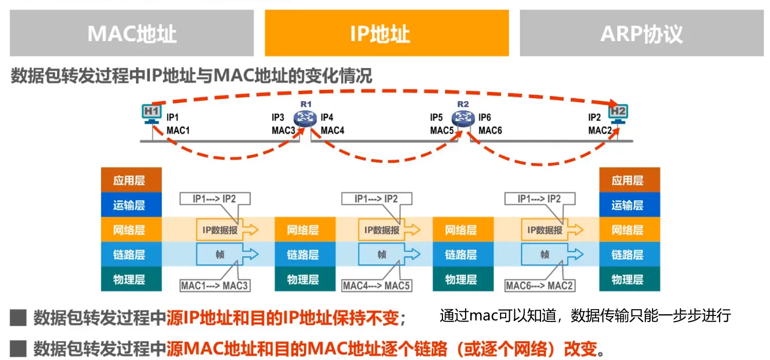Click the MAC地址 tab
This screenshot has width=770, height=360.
coord(131,33)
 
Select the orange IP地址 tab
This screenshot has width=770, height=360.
coord(387,33)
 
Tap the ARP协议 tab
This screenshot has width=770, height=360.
coord(642,33)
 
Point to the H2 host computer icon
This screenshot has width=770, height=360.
coord(618,113)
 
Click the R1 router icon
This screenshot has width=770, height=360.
coord(306,118)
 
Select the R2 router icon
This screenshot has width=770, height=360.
coord(463,118)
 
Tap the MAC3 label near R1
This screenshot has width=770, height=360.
coord(283,130)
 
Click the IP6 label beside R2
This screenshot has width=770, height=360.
coord(485,118)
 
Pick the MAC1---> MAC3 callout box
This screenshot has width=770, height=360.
coord(215,286)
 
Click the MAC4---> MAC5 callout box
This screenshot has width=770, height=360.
coord(377,286)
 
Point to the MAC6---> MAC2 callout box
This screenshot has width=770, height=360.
coord(540,286)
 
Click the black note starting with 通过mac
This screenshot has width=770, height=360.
coord(585,315)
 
